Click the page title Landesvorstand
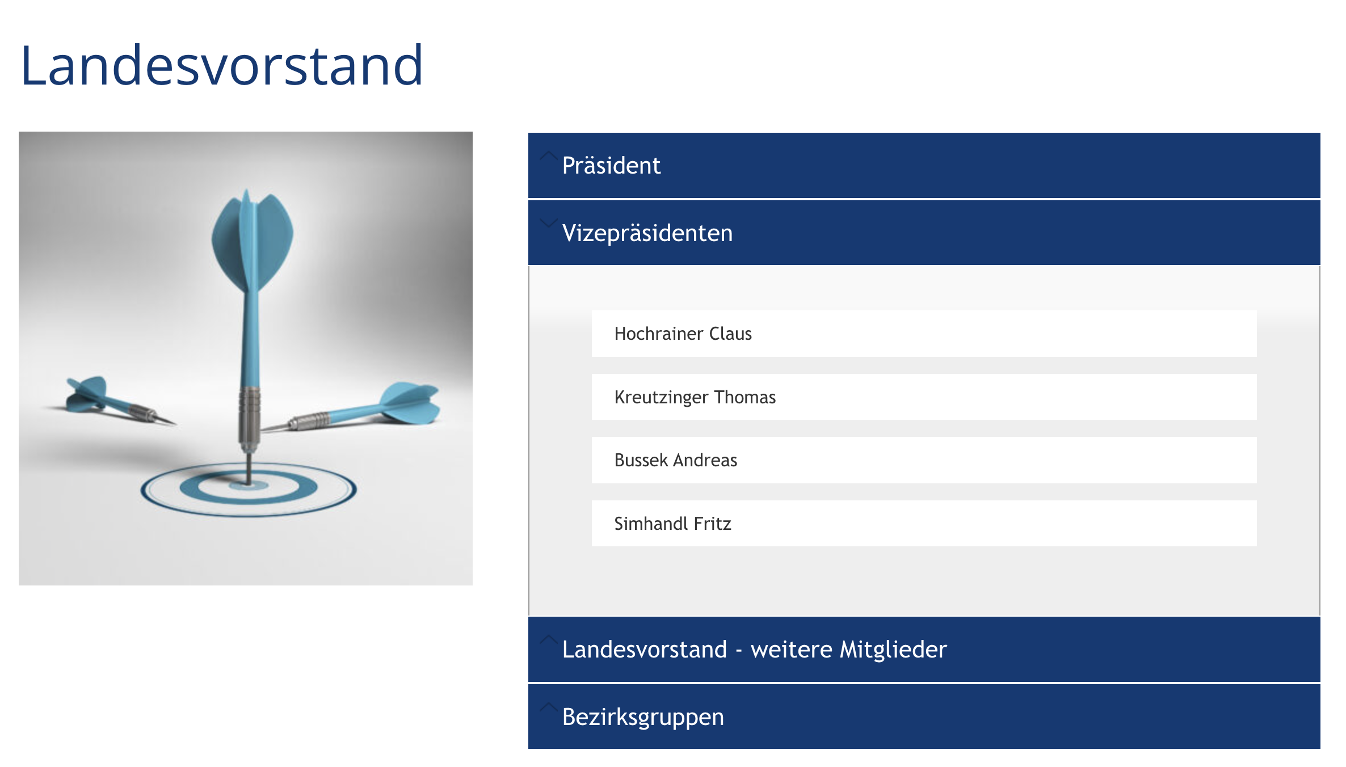[x=222, y=66]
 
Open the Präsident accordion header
[x=924, y=165]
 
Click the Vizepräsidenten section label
[x=647, y=233]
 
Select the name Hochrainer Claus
[x=683, y=334]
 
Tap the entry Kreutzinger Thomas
[x=695, y=397]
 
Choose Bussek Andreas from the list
[x=676, y=460]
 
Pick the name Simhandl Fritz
[x=673, y=524]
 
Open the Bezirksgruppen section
[x=924, y=717]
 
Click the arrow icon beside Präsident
[x=548, y=156]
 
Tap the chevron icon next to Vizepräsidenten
[x=548, y=223]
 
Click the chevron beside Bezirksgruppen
[x=548, y=707]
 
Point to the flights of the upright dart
[x=252, y=241]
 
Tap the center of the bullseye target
[x=249, y=486]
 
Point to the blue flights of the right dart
[x=410, y=403]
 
